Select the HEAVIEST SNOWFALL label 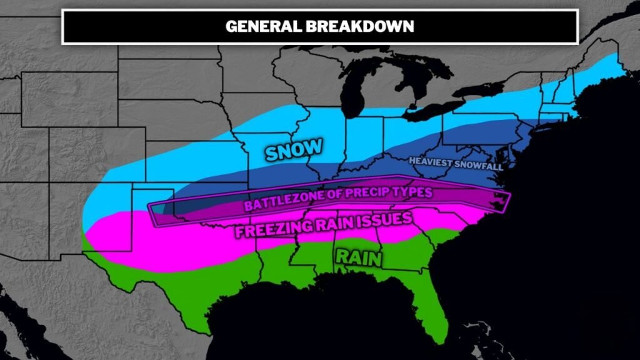click(x=456, y=162)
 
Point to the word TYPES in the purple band click(x=410, y=192)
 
